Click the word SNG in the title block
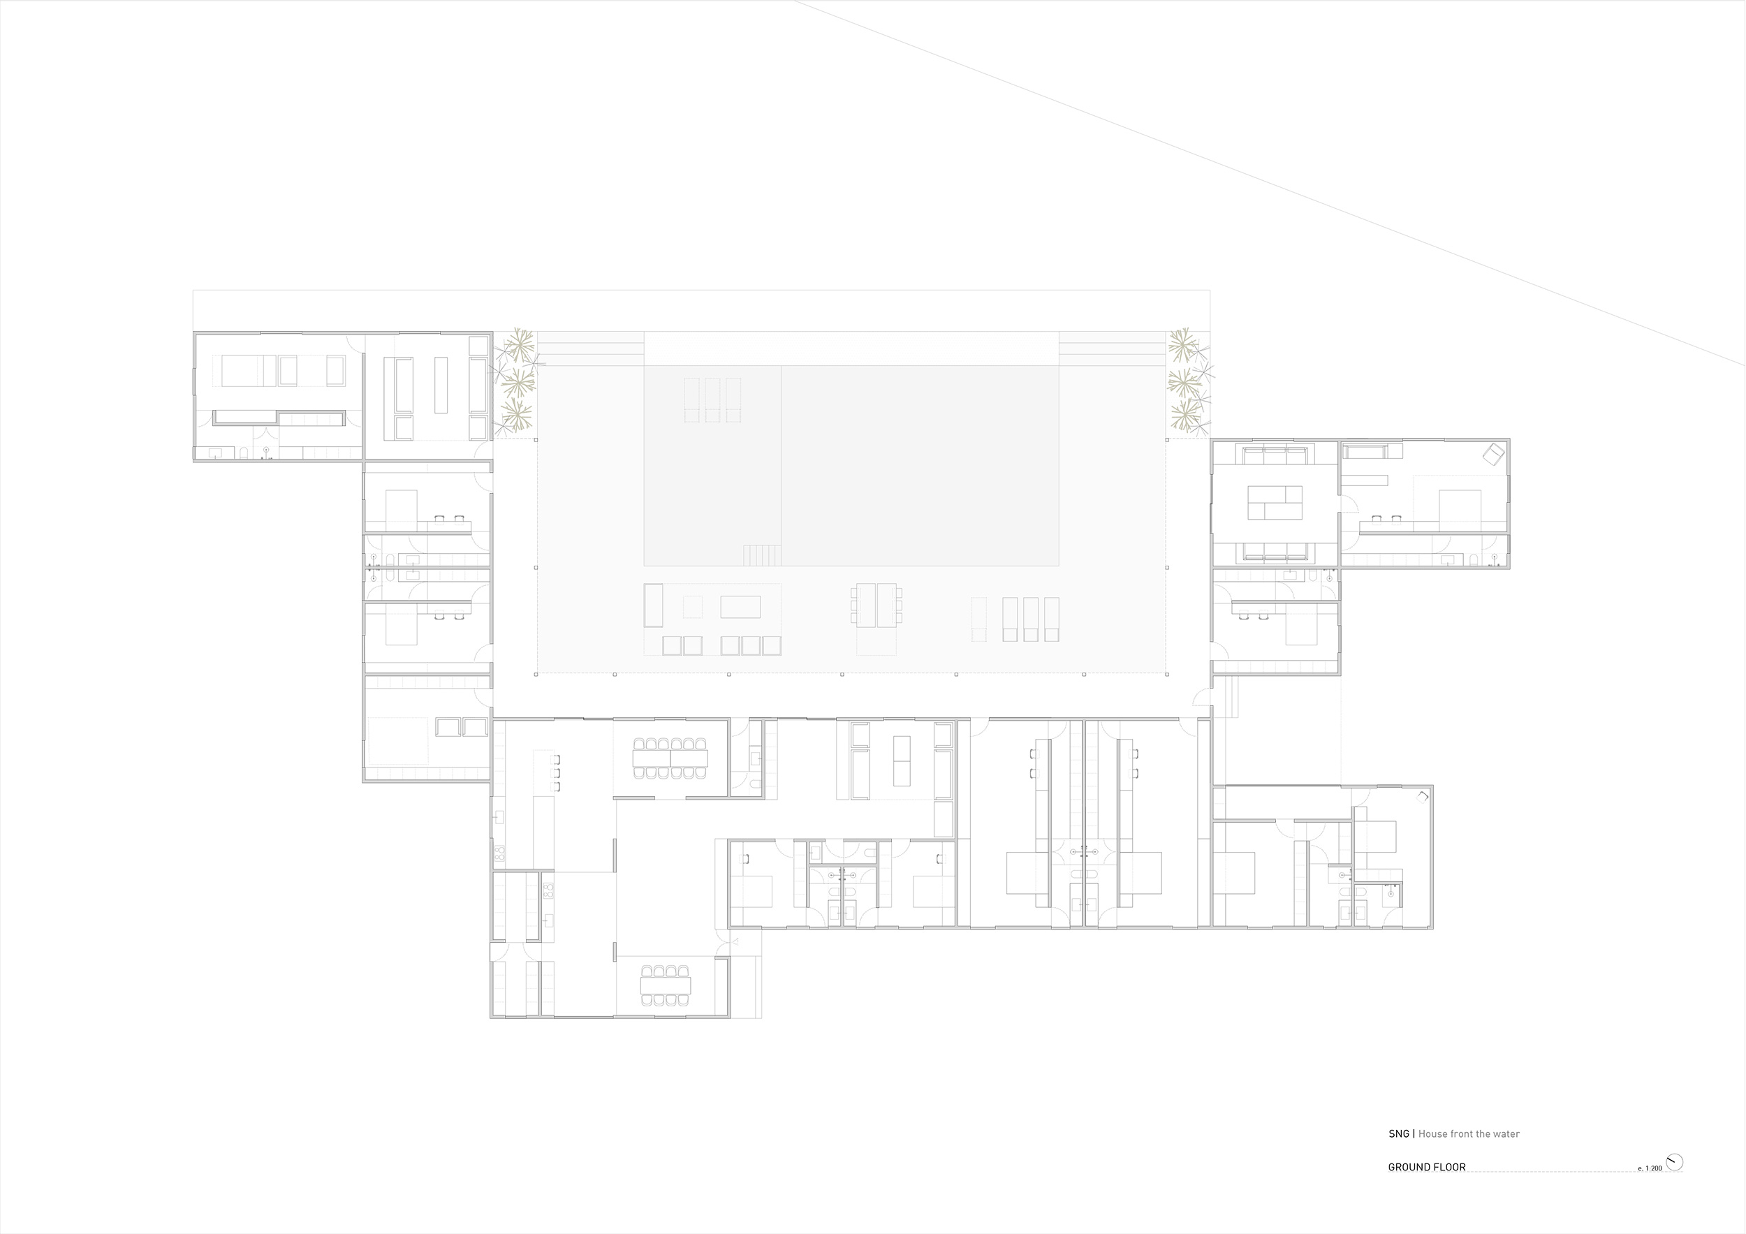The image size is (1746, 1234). pos(1398,1155)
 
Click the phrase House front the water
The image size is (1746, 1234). pos(1469,1155)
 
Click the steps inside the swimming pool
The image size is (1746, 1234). pos(762,555)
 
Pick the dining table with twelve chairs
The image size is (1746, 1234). pos(670,758)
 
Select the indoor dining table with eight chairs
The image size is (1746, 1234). pos(666,985)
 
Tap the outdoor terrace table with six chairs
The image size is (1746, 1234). pos(876,605)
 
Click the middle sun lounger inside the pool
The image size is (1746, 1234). pos(712,400)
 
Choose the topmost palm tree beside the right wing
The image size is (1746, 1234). pos(1183,345)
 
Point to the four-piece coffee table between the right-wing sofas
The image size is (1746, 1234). pos(1275,503)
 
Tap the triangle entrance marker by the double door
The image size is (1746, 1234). pos(735,942)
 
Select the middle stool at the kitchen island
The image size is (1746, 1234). pos(557,772)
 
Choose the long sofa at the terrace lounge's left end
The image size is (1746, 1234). pos(653,605)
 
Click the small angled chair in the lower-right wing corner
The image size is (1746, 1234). pos(1423,796)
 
